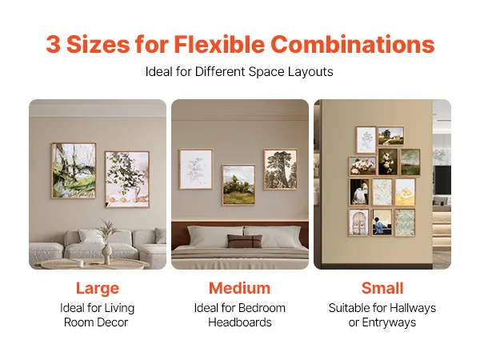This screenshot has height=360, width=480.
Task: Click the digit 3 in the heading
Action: [53, 44]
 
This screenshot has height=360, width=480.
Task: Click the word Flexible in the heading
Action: [219, 44]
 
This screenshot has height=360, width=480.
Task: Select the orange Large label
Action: [98, 289]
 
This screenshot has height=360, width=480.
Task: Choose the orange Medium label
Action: [240, 288]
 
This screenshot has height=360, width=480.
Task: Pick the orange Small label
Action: [382, 288]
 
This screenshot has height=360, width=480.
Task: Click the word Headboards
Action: [240, 322]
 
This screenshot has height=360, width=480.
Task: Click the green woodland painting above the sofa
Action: [74, 170]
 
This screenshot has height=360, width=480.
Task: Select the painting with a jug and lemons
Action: [127, 179]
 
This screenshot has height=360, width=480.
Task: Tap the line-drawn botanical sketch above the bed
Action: [196, 169]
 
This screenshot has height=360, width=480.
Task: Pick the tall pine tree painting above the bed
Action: [281, 170]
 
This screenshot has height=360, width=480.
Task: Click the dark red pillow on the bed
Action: [245, 241]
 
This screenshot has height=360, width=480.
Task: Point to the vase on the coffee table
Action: [107, 254]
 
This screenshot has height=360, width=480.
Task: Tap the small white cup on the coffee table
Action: [81, 263]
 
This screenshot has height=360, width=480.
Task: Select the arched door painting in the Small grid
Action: [358, 222]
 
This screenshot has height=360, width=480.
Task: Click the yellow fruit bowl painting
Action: [405, 192]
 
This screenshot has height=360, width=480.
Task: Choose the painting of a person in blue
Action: [382, 222]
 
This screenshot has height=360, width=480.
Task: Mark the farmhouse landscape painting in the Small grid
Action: [390, 136]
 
